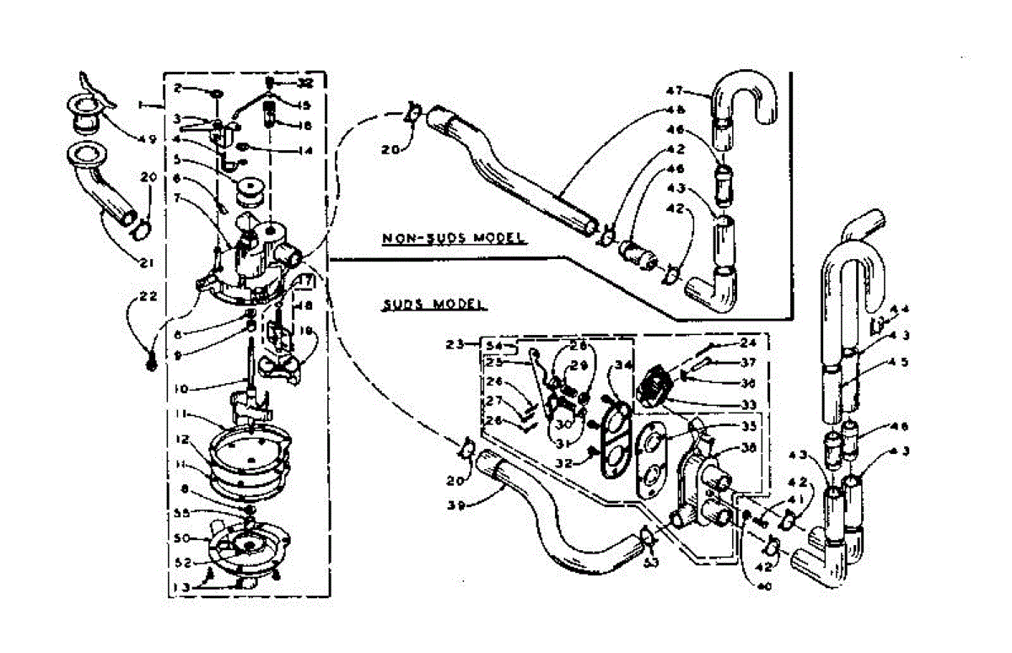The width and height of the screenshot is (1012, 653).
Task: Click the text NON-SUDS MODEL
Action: [454, 238]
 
